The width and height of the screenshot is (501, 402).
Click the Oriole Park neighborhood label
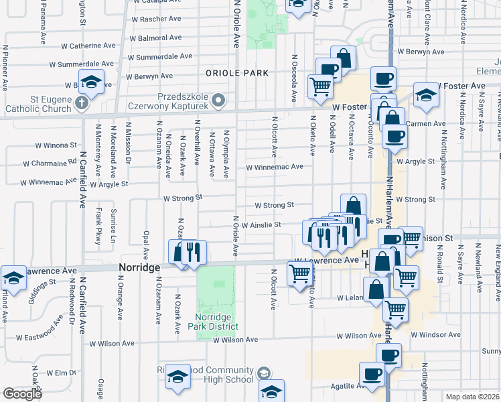click(237, 73)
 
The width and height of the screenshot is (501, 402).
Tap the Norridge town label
click(139, 267)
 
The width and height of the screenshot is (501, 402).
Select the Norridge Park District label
click(216, 322)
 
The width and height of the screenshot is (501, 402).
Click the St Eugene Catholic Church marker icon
click(81, 103)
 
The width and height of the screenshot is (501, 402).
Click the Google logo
click(22, 394)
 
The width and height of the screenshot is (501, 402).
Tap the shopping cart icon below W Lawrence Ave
click(299, 272)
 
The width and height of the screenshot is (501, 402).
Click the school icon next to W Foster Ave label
click(425, 94)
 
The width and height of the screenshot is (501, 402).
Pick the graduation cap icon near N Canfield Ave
click(91, 82)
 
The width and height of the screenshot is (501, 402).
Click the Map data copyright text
click(473, 397)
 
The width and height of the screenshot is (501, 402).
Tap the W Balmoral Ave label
click(157, 38)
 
